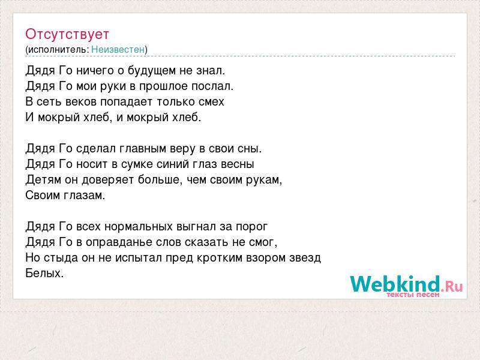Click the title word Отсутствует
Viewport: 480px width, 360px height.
pyautogui.click(x=67, y=34)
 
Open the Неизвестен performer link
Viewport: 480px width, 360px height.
pyautogui.click(x=118, y=50)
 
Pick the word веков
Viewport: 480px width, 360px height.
pyautogui.click(x=81, y=102)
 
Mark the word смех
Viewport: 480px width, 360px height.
pyautogui.click(x=211, y=102)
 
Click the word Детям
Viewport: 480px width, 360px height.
pyautogui.click(x=43, y=179)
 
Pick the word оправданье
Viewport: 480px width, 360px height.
pyautogui.click(x=119, y=242)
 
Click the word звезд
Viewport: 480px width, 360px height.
pyautogui.click(x=305, y=258)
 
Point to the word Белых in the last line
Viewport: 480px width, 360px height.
pyautogui.click(x=44, y=273)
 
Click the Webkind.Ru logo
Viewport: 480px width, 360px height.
pyautogui.click(x=407, y=286)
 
